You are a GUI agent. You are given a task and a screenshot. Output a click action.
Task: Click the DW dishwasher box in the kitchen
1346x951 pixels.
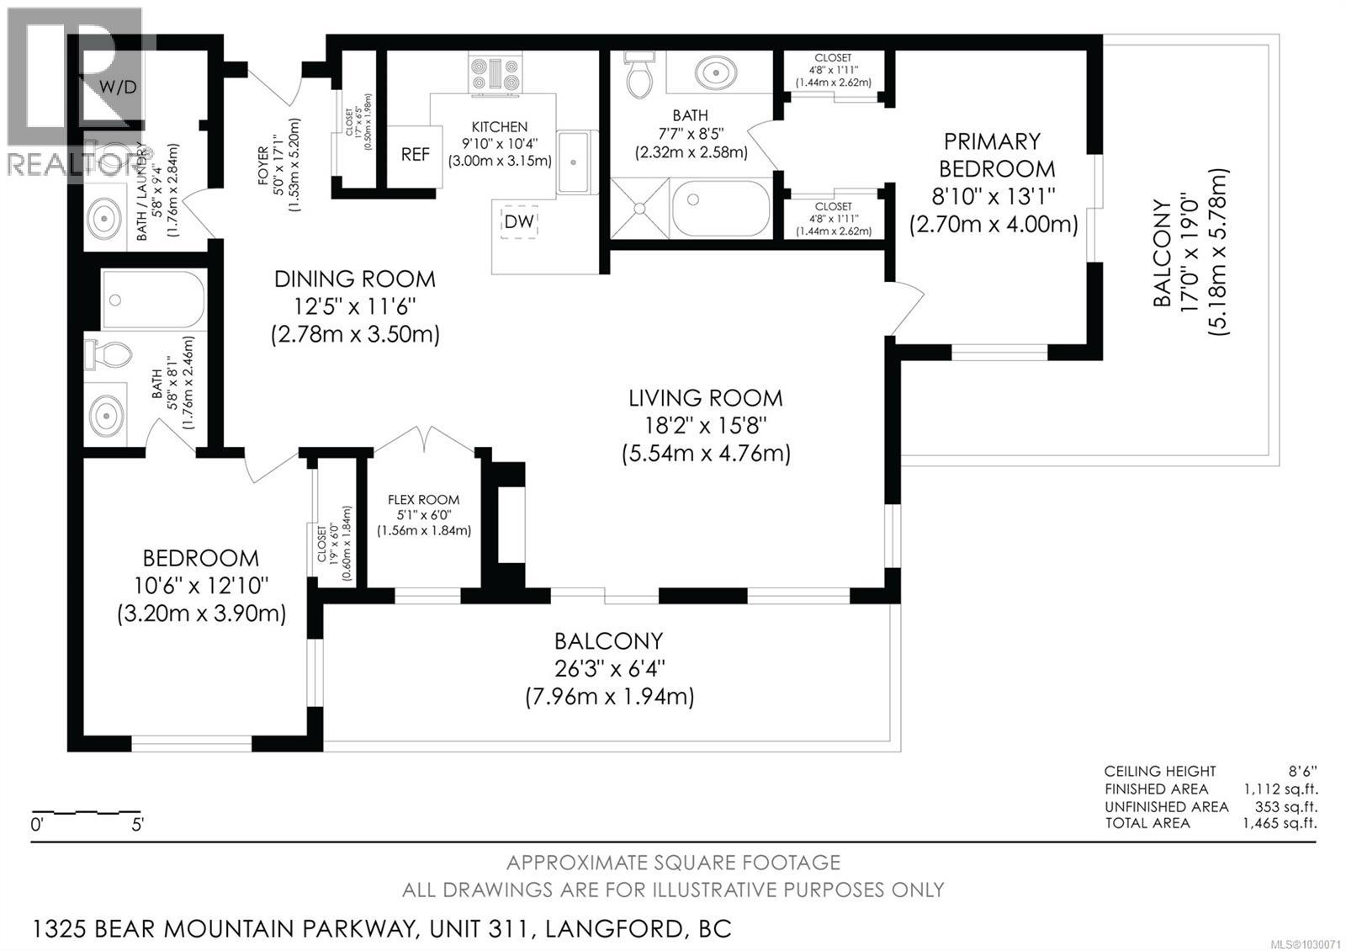[x=519, y=222]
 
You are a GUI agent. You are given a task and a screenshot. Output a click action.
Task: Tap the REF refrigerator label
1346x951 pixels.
[x=415, y=155]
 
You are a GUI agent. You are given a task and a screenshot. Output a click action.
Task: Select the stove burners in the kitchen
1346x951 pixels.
[x=495, y=72]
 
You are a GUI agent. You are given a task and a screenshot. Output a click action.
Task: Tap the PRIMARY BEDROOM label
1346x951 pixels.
[x=993, y=155]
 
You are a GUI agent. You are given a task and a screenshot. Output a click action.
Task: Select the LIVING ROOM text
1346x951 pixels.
[x=705, y=398]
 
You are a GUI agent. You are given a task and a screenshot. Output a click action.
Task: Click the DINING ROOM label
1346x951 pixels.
[x=354, y=279]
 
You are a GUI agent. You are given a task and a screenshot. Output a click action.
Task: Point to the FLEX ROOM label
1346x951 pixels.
[x=423, y=500]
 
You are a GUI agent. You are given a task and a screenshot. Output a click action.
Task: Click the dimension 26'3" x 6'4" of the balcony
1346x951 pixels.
[x=609, y=669]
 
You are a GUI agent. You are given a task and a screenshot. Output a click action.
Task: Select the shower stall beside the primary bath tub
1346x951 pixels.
[x=640, y=207]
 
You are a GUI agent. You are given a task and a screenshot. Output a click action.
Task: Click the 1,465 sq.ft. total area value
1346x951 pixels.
[x=1280, y=823]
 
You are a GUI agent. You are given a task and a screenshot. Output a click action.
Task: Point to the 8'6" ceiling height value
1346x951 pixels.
[x=1302, y=771]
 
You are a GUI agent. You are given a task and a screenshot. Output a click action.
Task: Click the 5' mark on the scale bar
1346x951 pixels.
[x=137, y=825]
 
